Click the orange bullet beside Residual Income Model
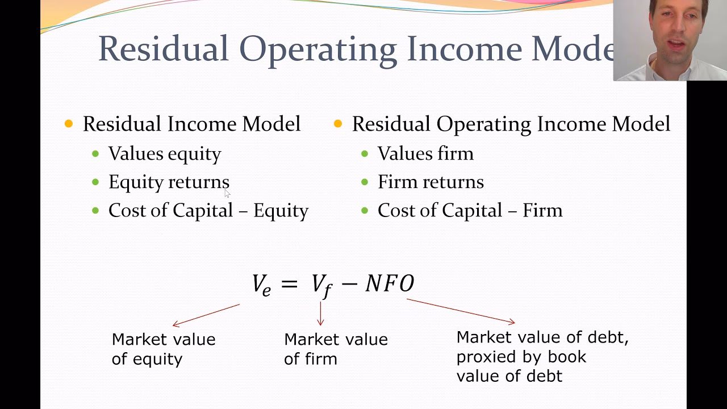[x=69, y=124]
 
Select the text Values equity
[x=165, y=153]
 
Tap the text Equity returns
[x=169, y=182]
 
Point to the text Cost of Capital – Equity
[x=208, y=210]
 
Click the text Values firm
[x=425, y=153]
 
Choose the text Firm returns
[x=431, y=182]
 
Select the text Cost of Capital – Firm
[x=470, y=210]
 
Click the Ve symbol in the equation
[x=261, y=284]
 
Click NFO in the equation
[x=390, y=283]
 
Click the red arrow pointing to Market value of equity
[x=206, y=315]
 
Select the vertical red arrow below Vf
[x=321, y=313]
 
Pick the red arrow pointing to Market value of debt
[x=461, y=311]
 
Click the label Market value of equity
[x=164, y=349]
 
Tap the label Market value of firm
[x=336, y=349]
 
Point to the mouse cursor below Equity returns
[x=227, y=194]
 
